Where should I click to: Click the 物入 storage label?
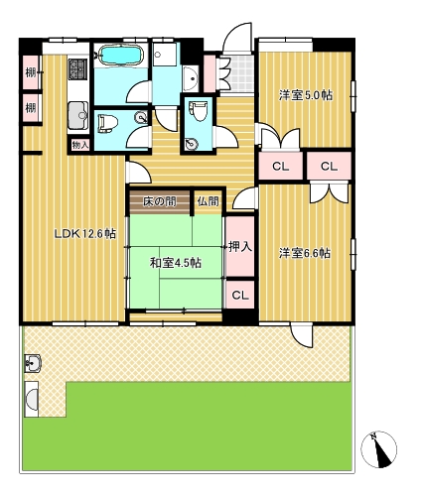[80, 145]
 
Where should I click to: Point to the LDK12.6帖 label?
[83, 234]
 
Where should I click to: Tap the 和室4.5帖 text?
[175, 262]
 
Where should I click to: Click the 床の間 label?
[159, 201]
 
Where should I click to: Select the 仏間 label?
[207, 201]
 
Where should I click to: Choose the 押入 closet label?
[239, 246]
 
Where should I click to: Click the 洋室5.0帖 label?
[305, 95]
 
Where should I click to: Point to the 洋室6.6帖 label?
[305, 253]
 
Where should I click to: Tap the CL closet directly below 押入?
[239, 295]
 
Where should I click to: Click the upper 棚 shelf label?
[31, 71]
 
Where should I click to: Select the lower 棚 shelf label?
[31, 106]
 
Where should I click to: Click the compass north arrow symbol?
[380, 449]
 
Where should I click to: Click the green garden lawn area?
[199, 427]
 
